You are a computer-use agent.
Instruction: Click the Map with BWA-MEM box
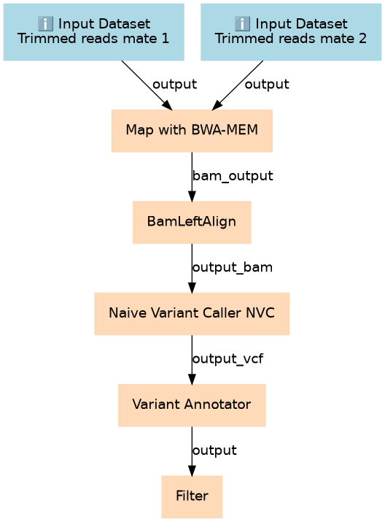pyautogui.click(x=192, y=131)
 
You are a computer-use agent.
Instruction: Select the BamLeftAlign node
pyautogui.click(x=192, y=222)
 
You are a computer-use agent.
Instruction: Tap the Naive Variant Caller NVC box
pyautogui.click(x=192, y=314)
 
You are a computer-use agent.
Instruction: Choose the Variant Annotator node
pyautogui.click(x=192, y=405)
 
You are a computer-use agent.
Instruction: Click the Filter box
pyautogui.click(x=192, y=496)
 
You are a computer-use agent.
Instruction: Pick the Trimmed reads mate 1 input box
pyautogui.click(x=94, y=32)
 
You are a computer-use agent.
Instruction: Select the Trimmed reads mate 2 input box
pyautogui.click(x=291, y=32)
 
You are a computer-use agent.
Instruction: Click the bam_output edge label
pyautogui.click(x=233, y=176)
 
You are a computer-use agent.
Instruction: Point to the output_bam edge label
pyautogui.click(x=233, y=267)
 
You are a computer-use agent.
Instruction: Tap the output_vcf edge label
pyautogui.click(x=227, y=359)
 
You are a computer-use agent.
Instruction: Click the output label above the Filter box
pyautogui.click(x=214, y=450)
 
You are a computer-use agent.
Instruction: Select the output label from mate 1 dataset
pyautogui.click(x=174, y=84)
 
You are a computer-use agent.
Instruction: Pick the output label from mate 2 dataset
pyautogui.click(x=267, y=84)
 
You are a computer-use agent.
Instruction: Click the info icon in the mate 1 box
pyautogui.click(x=45, y=23)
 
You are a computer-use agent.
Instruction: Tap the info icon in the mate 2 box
pyautogui.click(x=242, y=23)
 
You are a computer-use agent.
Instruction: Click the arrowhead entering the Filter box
pyautogui.click(x=192, y=469)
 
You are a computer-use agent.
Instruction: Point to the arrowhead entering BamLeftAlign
pyautogui.click(x=192, y=196)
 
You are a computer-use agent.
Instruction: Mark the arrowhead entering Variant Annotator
pyautogui.click(x=192, y=378)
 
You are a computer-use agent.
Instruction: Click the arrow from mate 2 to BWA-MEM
pyautogui.click(x=238, y=85)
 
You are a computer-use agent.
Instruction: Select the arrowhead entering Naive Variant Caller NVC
pyautogui.click(x=192, y=287)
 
